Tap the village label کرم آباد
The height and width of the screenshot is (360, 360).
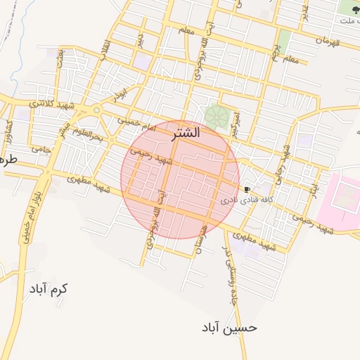tap(49, 288)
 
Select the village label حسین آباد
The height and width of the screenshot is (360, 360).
tap(229, 328)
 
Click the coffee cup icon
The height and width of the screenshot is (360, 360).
tap(247, 189)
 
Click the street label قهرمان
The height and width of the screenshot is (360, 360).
tap(328, 40)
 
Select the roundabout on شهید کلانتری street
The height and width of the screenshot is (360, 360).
tap(96, 110)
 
